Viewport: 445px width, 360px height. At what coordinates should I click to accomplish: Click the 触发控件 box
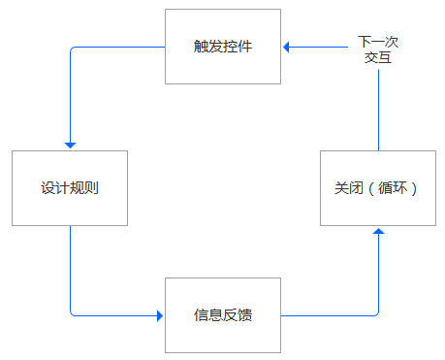coord(223,47)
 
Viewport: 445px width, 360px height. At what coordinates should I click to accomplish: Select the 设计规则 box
coord(70,188)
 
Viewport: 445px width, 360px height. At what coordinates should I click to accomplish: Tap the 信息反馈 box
coord(223,314)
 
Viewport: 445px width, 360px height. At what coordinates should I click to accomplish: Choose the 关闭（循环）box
coord(378,188)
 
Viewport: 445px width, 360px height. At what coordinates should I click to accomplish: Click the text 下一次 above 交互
coord(378,42)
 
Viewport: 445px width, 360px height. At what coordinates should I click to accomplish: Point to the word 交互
coord(378,57)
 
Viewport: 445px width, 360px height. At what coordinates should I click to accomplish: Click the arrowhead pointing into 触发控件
coord(287,46)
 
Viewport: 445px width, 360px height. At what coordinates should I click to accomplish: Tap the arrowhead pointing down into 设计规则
coord(70,145)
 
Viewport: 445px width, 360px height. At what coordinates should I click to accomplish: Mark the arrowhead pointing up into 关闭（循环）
coord(378,232)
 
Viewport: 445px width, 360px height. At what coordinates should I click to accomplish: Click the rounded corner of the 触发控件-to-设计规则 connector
coord(72,49)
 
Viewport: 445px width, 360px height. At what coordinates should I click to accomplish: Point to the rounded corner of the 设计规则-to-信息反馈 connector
coord(72,312)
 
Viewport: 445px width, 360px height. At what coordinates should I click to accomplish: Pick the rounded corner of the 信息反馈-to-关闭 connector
coord(376,312)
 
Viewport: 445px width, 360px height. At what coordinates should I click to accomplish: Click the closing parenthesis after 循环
coord(415,188)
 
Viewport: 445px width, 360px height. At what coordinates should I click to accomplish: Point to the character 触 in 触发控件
coord(201,47)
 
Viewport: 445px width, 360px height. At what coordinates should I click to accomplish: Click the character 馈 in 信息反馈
coord(245,314)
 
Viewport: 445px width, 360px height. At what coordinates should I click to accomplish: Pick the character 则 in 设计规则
coord(92,188)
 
